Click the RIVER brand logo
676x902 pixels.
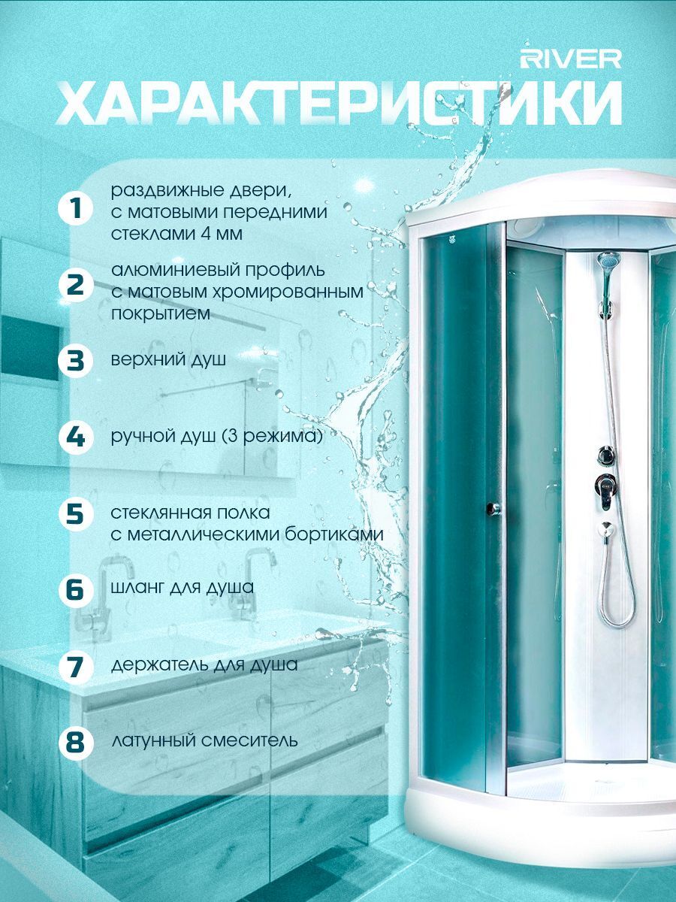571,59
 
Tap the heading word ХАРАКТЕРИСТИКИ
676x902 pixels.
339,104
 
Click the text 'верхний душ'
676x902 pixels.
168,361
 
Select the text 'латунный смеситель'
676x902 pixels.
204,740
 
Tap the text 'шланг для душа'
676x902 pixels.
183,588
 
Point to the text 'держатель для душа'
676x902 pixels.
204,665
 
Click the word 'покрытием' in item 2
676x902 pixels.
161,314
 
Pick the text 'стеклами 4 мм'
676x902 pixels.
177,235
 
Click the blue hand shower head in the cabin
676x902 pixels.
608,260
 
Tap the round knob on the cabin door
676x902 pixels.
493,509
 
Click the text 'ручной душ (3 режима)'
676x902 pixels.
217,437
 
